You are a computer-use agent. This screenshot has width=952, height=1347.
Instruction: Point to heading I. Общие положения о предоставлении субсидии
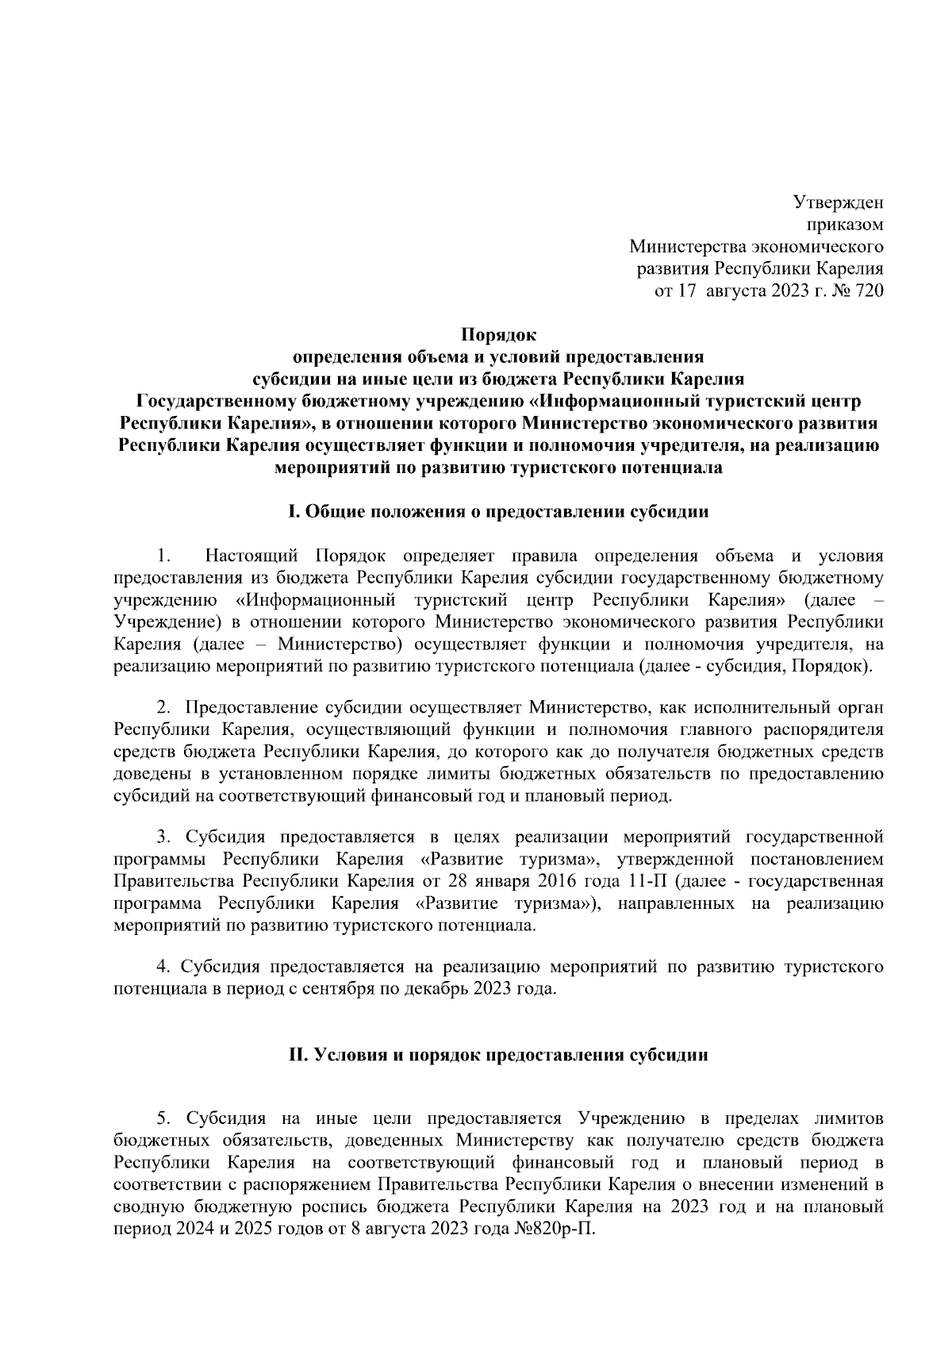498,512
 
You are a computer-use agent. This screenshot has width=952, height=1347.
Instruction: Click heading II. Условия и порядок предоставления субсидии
498,1056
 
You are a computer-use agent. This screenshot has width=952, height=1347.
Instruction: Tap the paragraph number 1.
163,556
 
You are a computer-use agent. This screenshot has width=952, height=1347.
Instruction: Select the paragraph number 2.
163,706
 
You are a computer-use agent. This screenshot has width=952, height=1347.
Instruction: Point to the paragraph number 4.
163,967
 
